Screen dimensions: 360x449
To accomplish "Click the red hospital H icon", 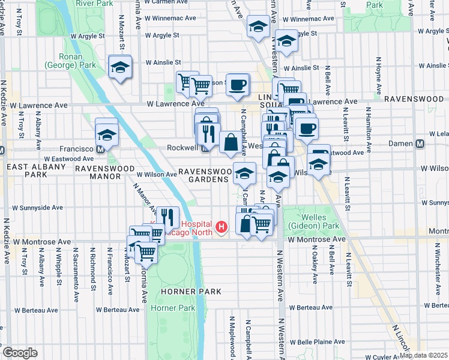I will pos(222,227).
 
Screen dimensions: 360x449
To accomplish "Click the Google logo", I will pos(20,353).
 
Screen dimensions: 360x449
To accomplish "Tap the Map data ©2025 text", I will pos(423,355).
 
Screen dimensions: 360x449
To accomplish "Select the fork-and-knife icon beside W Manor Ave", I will pos(170,217).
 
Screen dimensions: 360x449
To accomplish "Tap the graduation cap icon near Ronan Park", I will pos(120,67).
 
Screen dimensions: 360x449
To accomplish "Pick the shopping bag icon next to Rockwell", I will pos(230,143).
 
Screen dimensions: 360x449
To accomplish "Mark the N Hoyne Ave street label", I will pos(379,77).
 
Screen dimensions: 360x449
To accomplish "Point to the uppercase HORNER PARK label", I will pos(191,292).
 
